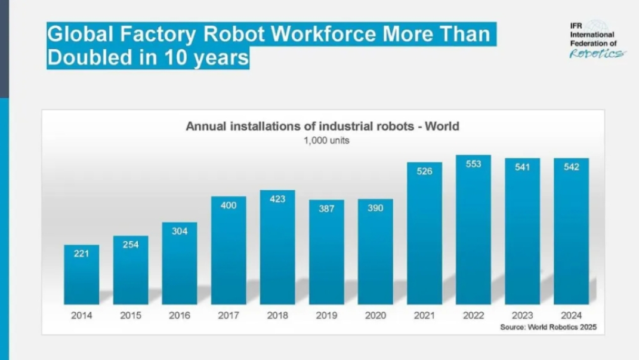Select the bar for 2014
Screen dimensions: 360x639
[82, 275]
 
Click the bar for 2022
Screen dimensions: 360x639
[473, 233]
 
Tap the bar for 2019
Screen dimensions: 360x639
[326, 254]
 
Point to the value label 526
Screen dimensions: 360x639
[424, 171]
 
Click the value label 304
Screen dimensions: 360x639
[180, 231]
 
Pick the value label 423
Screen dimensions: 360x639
[277, 199]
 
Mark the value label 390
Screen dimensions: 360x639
[375, 208]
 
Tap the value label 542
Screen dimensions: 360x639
[571, 167]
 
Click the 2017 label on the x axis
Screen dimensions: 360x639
[229, 315]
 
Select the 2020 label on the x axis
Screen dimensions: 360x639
[375, 315]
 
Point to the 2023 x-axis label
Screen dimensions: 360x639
[522, 315]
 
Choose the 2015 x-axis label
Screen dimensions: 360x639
[131, 315]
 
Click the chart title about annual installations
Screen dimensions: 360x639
[322, 127]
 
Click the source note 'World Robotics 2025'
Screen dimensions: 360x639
[548, 327]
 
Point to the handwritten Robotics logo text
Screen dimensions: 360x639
[597, 53]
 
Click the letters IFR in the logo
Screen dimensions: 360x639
[577, 26]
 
